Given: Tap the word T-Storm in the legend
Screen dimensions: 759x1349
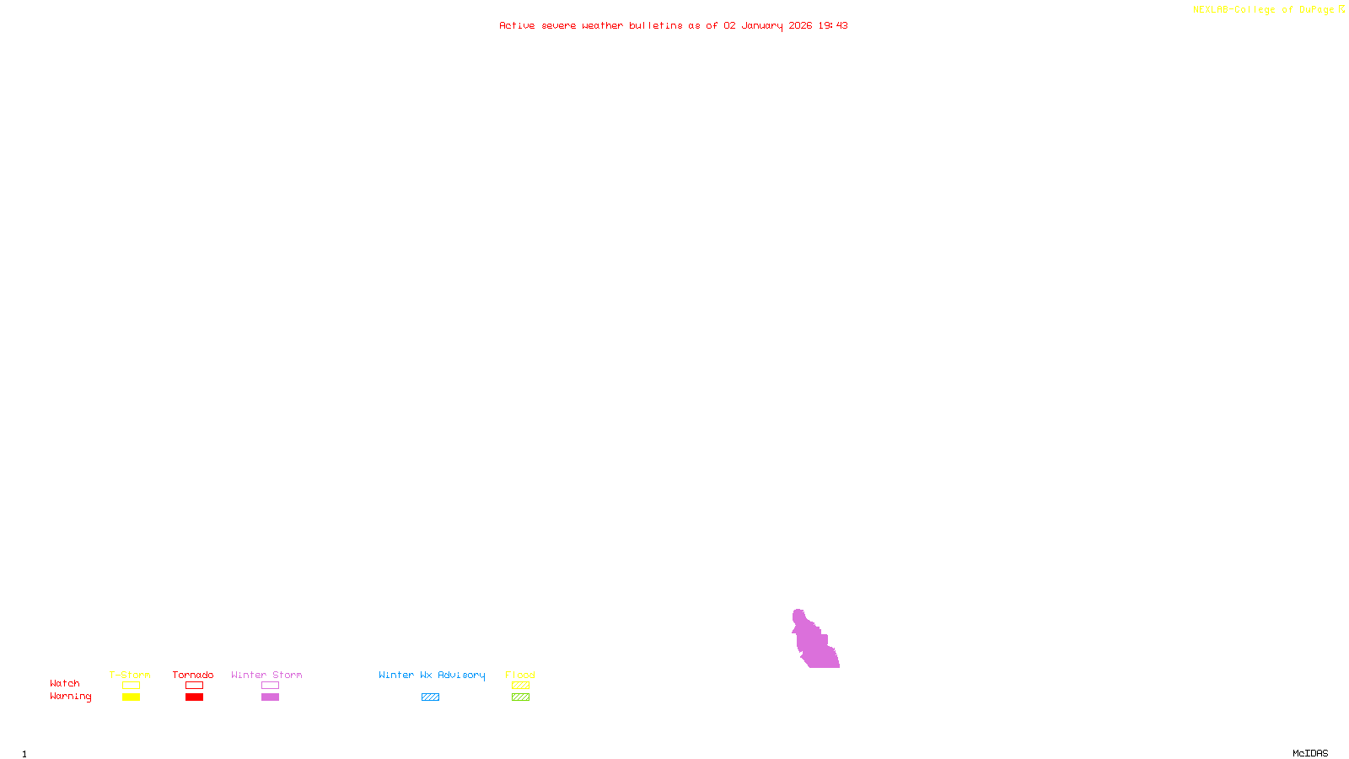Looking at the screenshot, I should pyautogui.click(x=130, y=675).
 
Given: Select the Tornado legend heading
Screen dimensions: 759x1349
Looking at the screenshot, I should pyautogui.click(x=193, y=675).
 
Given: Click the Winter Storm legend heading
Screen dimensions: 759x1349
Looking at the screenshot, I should pyautogui.click(x=266, y=675).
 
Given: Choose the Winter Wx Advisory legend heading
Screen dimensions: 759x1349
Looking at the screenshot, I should pyautogui.click(x=432, y=675).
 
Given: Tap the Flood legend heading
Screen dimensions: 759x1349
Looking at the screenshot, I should pyautogui.click(x=520, y=675).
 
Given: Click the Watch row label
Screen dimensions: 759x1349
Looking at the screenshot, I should pyautogui.click(x=65, y=683).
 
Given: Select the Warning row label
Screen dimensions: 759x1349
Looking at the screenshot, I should pyautogui.click(x=70, y=697).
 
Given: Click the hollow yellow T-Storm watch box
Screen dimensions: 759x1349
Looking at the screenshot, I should pyautogui.click(x=131, y=686).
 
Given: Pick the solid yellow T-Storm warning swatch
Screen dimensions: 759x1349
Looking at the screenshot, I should pyautogui.click(x=131, y=697).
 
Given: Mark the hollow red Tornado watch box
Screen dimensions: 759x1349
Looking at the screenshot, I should pyautogui.click(x=194, y=686).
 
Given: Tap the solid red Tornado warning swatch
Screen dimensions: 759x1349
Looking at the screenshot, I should pyautogui.click(x=194, y=697).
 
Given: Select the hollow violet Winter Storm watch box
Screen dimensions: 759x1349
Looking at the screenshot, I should pyautogui.click(x=270, y=686).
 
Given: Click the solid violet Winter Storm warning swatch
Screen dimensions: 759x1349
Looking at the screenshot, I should pyautogui.click(x=270, y=697).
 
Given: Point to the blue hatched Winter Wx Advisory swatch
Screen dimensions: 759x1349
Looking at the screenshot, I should pyautogui.click(x=430, y=697).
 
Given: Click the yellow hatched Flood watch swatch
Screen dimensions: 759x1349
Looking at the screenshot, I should pyautogui.click(x=520, y=686).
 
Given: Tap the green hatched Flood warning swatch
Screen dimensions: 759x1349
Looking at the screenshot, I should pyautogui.click(x=520, y=697).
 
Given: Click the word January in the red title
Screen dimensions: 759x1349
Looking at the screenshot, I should pyautogui.click(x=762, y=25).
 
